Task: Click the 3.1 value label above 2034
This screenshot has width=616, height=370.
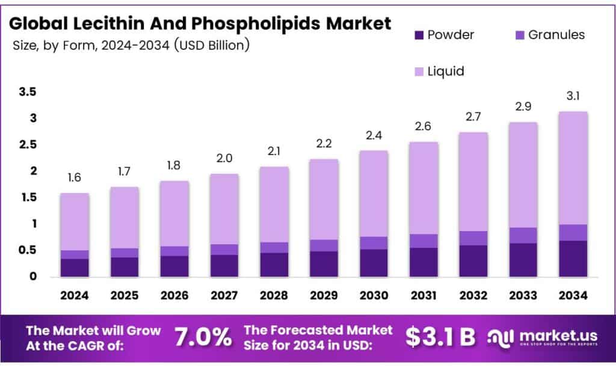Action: click(573, 96)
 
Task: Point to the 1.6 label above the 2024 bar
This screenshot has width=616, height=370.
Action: click(75, 177)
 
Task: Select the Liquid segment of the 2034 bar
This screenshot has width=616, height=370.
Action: click(573, 168)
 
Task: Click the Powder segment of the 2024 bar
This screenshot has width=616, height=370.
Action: click(75, 268)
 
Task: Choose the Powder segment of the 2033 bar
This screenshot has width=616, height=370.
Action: click(523, 260)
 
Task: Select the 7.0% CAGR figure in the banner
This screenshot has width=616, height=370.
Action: click(203, 338)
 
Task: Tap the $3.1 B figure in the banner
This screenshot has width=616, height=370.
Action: click(440, 338)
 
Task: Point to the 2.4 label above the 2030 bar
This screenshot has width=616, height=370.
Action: click(374, 135)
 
